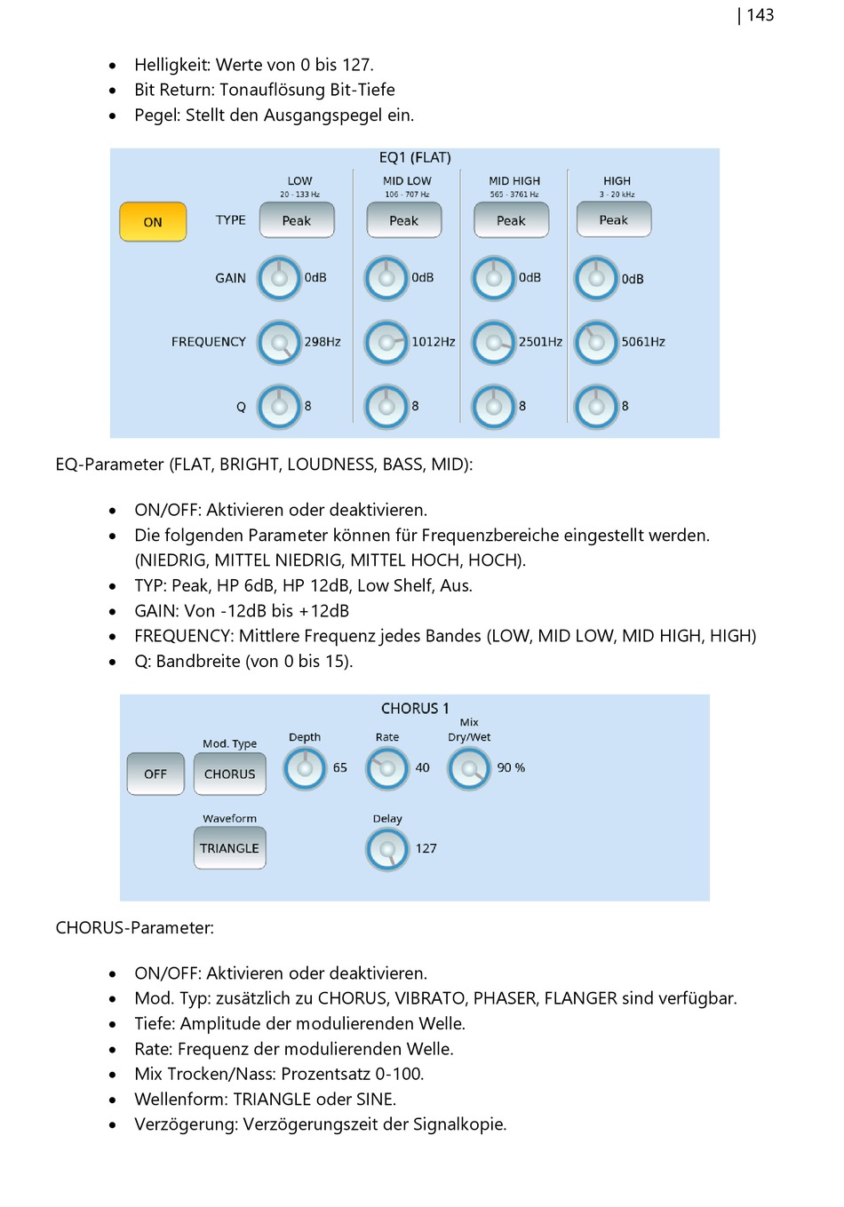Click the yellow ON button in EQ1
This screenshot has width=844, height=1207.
pos(153,221)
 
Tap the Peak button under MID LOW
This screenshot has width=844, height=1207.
pos(403,220)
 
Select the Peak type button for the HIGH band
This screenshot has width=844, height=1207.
pos(614,219)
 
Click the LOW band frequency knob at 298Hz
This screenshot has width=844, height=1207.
pos(279,342)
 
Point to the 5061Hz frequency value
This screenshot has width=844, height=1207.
pos(643,342)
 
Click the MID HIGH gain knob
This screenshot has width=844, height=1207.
pos(493,278)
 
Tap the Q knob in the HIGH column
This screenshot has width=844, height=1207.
pos(595,406)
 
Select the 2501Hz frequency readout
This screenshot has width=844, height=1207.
pos(540,342)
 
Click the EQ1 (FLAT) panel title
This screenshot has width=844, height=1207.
pos(415,157)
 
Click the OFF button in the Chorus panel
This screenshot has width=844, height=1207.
pos(155,774)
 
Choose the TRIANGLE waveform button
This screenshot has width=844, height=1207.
pos(229,848)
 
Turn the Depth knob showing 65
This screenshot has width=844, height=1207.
pos(305,768)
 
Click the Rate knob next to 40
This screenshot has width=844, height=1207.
pos(387,768)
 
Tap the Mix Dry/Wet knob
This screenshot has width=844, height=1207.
pos(469,768)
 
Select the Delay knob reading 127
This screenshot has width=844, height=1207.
pos(387,849)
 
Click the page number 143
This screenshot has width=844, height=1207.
pos(760,15)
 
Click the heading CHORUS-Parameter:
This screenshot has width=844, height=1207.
pos(135,927)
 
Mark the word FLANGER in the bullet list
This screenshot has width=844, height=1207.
pos(580,998)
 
